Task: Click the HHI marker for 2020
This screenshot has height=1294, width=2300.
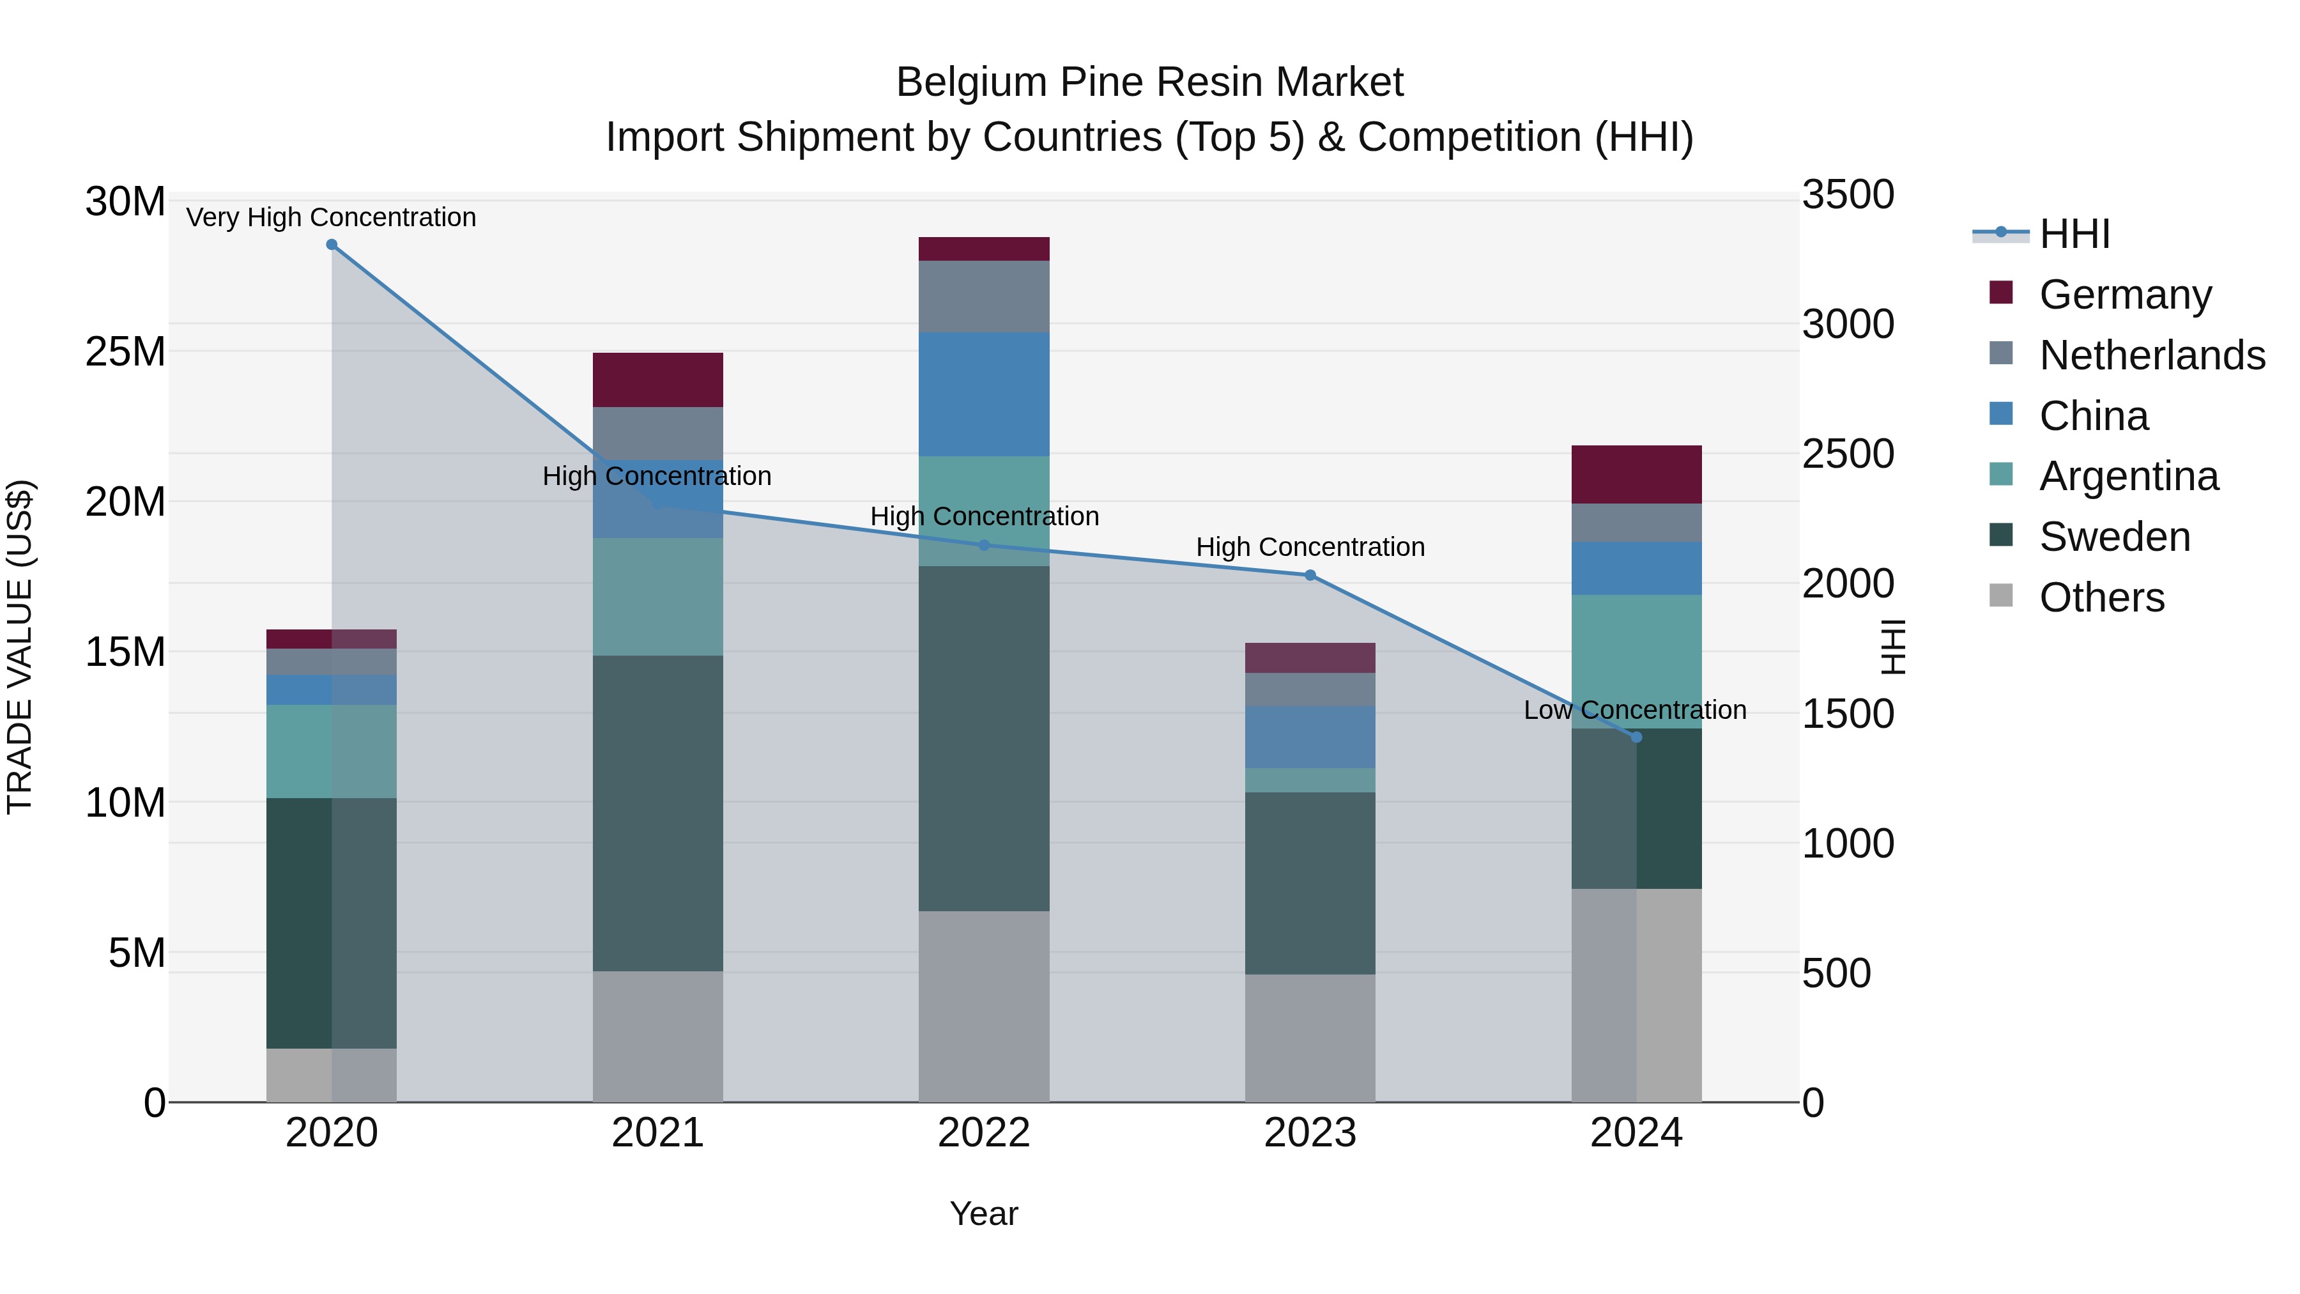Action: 331,245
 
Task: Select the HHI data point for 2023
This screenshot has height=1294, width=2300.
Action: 1310,575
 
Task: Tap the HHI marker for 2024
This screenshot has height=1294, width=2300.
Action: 1636,737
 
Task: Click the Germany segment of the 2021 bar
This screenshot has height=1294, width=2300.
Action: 657,380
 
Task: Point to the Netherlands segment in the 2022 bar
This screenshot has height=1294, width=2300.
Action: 984,296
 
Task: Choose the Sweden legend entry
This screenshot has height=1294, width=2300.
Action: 2113,537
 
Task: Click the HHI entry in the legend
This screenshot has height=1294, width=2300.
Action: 2073,234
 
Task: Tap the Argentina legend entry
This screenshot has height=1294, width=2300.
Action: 2127,476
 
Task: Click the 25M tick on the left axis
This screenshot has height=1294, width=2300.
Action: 125,352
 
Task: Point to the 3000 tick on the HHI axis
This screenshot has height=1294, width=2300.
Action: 1846,324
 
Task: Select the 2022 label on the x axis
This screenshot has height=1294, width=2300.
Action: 984,1133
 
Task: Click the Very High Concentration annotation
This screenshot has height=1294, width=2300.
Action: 331,217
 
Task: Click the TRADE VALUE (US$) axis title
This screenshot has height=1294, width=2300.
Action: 20,647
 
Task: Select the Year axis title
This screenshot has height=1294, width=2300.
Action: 984,1213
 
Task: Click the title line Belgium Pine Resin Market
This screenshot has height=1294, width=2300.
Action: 1149,82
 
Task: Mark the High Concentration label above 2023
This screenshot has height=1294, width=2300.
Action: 1310,546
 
